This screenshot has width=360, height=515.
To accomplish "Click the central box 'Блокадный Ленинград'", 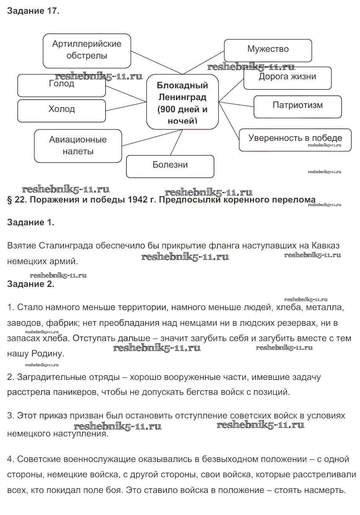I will pyautogui.click(x=182, y=102).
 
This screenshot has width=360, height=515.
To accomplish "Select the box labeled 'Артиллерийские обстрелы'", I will pyautogui.click(x=87, y=50).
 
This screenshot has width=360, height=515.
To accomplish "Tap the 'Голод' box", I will pyautogui.click(x=62, y=85).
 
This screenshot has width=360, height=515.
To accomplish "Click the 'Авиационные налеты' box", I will pyautogui.click(x=78, y=146).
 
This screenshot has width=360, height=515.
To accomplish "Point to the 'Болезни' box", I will pyautogui.click(x=170, y=166).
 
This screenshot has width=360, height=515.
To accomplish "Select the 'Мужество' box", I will pyautogui.click(x=268, y=49).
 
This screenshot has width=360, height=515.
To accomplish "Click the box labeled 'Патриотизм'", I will pyautogui.click(x=298, y=106).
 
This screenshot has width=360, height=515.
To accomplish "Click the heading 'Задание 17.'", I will pyautogui.click(x=33, y=11).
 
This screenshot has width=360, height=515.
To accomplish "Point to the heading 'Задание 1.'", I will pyautogui.click(x=31, y=223).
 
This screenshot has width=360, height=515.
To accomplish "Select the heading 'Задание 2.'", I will pyautogui.click(x=31, y=285).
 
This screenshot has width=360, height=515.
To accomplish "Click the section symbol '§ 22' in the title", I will pyautogui.click(x=16, y=200).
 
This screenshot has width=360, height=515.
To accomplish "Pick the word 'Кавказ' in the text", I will pyautogui.click(x=325, y=246).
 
